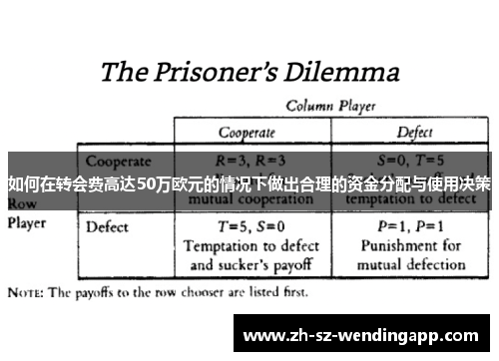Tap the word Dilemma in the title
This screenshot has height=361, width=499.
tap(339, 73)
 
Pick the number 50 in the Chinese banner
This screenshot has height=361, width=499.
tap(146, 184)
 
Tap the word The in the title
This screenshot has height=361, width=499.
tap(126, 73)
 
